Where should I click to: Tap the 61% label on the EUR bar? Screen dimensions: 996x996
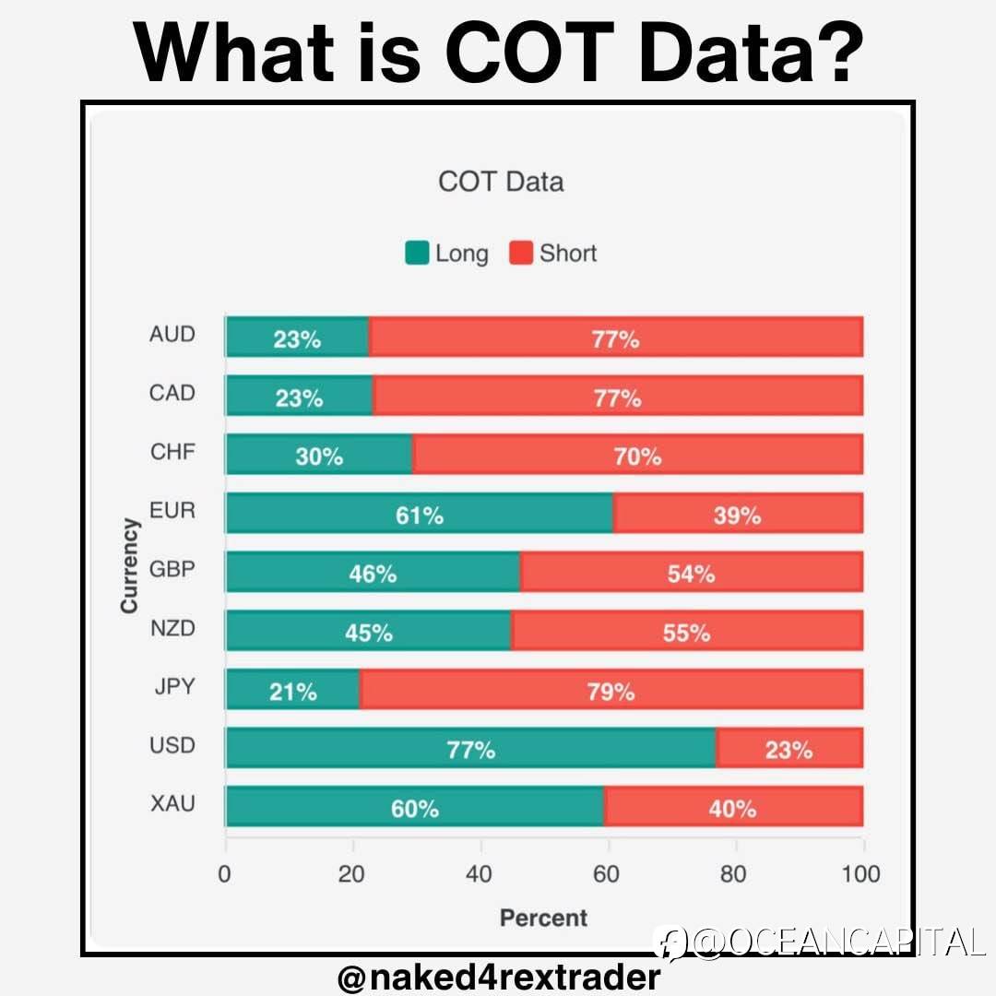(x=420, y=516)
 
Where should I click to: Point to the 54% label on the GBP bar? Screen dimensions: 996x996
(x=691, y=574)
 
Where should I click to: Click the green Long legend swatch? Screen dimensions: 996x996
(x=417, y=253)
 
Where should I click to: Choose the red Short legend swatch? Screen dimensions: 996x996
(x=522, y=253)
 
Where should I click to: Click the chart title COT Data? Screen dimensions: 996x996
(x=501, y=182)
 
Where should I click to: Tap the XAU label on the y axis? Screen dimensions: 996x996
(x=172, y=803)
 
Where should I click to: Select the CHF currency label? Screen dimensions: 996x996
(x=172, y=452)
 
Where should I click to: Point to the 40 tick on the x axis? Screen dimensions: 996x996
(x=480, y=874)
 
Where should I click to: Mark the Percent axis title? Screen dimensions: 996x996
(x=543, y=918)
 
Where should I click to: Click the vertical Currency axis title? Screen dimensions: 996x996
(x=129, y=565)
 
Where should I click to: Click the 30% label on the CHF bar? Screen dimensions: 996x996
(x=319, y=456)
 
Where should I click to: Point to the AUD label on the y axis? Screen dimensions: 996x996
(x=172, y=334)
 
